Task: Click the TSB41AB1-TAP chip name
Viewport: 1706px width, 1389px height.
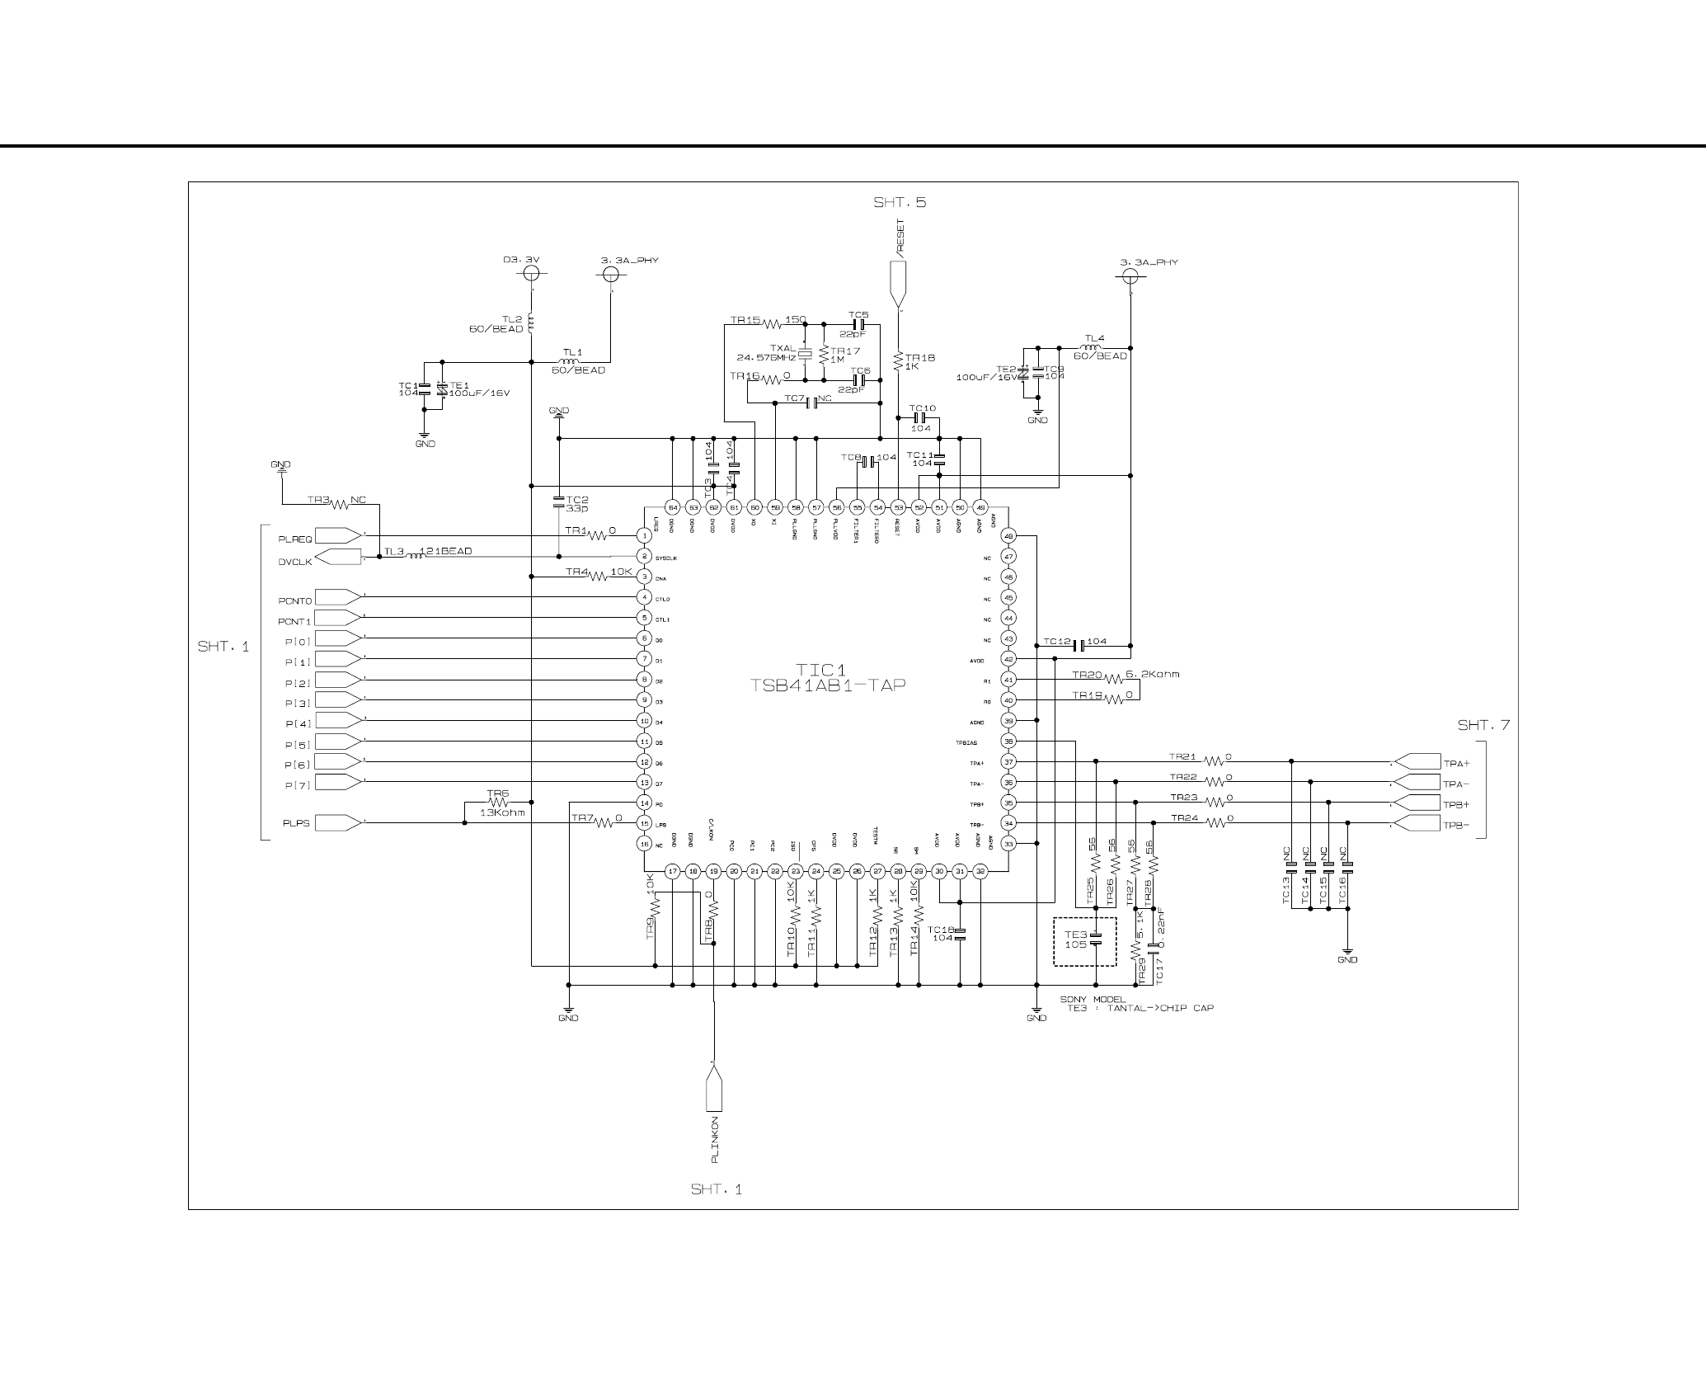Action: pos(827,685)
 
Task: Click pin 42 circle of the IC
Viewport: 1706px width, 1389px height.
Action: pos(1008,659)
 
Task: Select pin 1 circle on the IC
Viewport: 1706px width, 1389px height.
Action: pos(645,536)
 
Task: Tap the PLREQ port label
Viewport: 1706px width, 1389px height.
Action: pos(295,539)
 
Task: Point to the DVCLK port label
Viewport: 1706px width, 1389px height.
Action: pos(295,562)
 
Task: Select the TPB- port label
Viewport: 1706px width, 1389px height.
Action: pos(1456,825)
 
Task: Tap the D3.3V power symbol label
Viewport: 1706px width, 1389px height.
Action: pos(521,260)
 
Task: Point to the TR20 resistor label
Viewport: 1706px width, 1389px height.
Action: pos(1087,675)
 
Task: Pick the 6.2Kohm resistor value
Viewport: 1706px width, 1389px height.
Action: pos(1152,674)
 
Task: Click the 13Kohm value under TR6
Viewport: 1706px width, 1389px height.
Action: pos(501,812)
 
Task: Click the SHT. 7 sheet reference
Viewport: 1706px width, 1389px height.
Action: pos(1483,726)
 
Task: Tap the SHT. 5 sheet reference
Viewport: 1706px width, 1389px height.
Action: pos(900,202)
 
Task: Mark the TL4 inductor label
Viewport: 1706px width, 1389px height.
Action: pos(1093,338)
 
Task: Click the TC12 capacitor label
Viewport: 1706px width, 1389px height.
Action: pos(1056,641)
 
